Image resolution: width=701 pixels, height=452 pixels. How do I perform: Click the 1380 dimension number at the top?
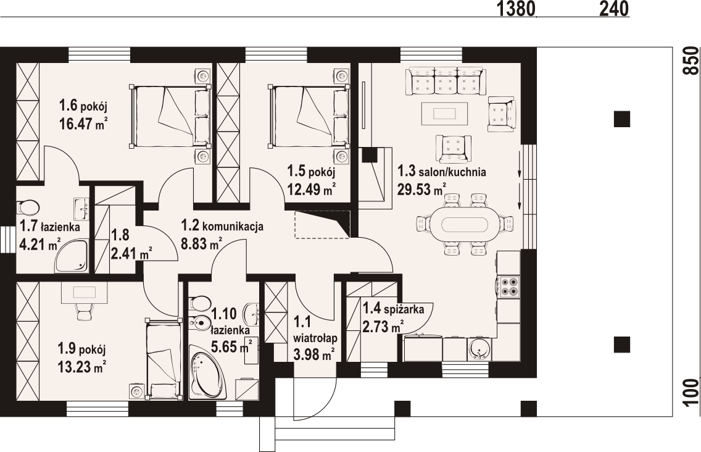tap(516, 8)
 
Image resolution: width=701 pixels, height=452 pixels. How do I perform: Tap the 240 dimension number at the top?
tap(614, 8)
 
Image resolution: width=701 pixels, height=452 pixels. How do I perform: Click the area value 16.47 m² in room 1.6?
tap(83, 123)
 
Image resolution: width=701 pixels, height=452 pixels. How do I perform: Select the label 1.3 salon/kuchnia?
tap(441, 172)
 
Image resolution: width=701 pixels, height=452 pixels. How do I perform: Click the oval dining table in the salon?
tap(465, 224)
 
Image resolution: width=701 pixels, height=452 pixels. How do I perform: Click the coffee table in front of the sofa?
tap(444, 114)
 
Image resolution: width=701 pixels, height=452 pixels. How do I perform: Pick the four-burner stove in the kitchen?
tap(509, 287)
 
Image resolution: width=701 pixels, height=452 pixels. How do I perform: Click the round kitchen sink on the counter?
tap(479, 349)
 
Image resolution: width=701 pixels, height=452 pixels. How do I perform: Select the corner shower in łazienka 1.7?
tap(72, 256)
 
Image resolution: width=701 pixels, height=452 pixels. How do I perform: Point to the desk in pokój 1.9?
tap(84, 292)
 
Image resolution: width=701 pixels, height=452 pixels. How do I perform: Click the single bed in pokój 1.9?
tap(164, 358)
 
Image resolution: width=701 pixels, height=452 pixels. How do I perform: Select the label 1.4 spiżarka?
tap(393, 308)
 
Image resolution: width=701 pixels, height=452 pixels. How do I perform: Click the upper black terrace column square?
tap(621, 119)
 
